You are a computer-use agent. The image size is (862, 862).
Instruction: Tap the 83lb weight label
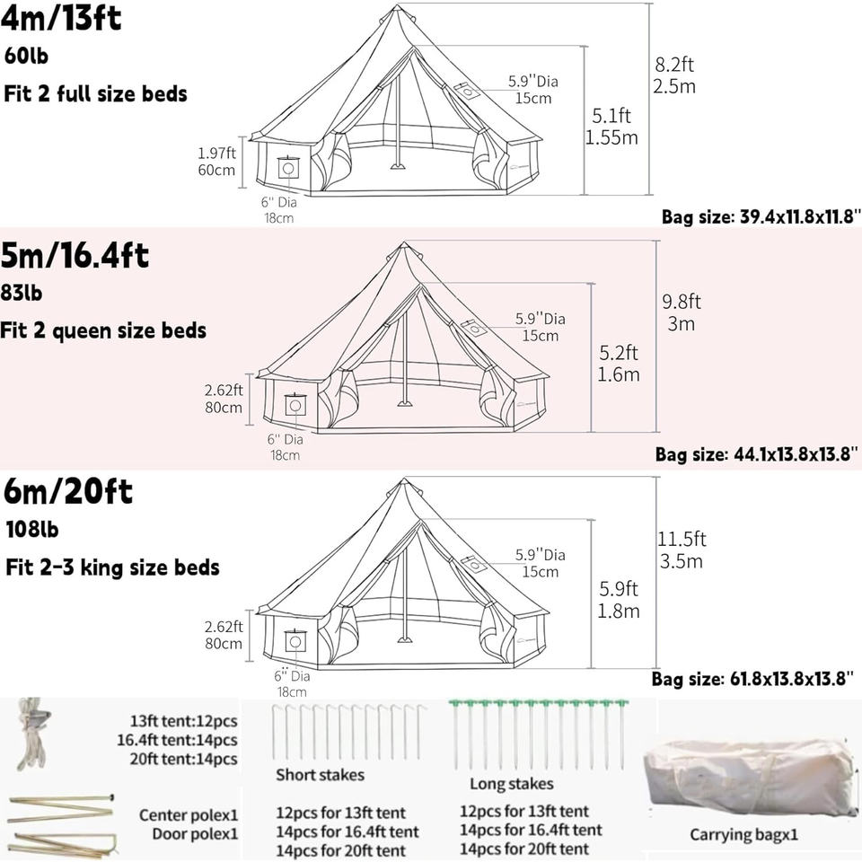click(x=22, y=293)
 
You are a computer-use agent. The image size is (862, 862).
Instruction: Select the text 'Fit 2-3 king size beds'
click(x=111, y=567)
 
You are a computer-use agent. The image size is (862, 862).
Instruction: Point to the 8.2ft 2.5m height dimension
click(x=675, y=75)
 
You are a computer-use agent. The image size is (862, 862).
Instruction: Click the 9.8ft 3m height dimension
click(x=682, y=312)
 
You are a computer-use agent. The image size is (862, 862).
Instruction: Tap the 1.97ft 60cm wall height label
click(x=216, y=161)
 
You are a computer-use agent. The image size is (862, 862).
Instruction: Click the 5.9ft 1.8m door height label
click(x=619, y=600)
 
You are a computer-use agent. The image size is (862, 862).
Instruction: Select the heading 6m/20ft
click(x=67, y=492)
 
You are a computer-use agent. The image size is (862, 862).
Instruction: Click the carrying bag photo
click(x=750, y=777)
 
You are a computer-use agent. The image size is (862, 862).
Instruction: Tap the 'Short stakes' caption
click(x=320, y=774)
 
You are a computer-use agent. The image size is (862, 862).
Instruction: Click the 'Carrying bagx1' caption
click(x=743, y=835)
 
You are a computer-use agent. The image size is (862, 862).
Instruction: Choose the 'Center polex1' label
click(x=189, y=815)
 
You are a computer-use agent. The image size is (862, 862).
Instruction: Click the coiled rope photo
click(x=34, y=737)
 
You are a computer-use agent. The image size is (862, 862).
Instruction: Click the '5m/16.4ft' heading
click(x=75, y=256)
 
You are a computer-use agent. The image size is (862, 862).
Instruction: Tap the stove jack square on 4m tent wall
click(x=288, y=168)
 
